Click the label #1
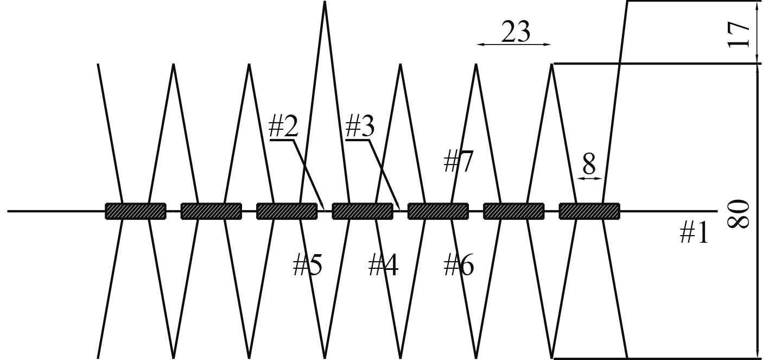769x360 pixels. (x=695, y=234)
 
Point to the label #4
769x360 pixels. (x=383, y=266)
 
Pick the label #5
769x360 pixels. (x=307, y=266)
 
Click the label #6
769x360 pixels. (x=459, y=266)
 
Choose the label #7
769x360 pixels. (x=459, y=161)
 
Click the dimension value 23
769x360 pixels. (x=515, y=33)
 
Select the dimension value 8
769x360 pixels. (x=589, y=163)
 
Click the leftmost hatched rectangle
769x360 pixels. (x=135, y=211)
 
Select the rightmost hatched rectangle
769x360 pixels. (x=589, y=211)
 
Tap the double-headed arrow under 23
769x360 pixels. (x=514, y=45)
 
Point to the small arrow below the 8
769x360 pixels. (x=589, y=178)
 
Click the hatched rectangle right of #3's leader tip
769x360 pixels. (x=438, y=211)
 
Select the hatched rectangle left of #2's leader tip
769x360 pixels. (x=287, y=211)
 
